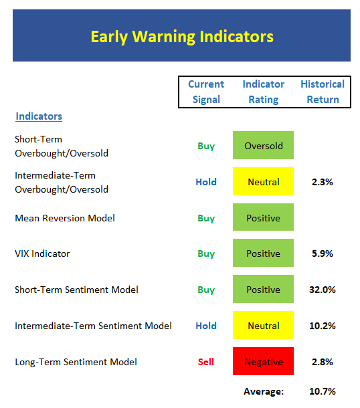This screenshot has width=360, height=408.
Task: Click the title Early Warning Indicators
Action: (182, 37)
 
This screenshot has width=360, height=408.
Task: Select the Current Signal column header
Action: (206, 92)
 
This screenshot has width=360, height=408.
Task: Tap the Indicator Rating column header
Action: (264, 92)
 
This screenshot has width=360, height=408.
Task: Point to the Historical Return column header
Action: (323, 92)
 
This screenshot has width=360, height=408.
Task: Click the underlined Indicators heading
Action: (39, 116)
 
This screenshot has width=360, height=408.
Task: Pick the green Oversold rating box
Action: (263, 145)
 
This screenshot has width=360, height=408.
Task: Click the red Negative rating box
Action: (263, 361)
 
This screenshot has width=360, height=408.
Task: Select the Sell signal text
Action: (206, 362)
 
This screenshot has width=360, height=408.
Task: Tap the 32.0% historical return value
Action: (323, 290)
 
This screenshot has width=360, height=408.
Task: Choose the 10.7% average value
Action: (323, 391)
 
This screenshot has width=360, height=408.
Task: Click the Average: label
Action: (264, 391)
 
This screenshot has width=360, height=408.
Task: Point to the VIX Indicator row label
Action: (42, 253)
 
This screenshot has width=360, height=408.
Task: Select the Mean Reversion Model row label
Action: (65, 218)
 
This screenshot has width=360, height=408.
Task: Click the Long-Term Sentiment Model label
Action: (76, 362)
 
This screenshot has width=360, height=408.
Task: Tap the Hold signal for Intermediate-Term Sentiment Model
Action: (206, 326)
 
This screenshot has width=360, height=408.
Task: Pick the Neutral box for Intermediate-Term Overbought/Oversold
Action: (263, 181)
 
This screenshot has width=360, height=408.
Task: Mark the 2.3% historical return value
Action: (323, 182)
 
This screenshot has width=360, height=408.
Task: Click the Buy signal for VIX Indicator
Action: (206, 254)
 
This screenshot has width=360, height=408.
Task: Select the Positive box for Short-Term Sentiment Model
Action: (263, 289)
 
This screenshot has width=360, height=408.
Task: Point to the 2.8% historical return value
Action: (323, 362)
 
